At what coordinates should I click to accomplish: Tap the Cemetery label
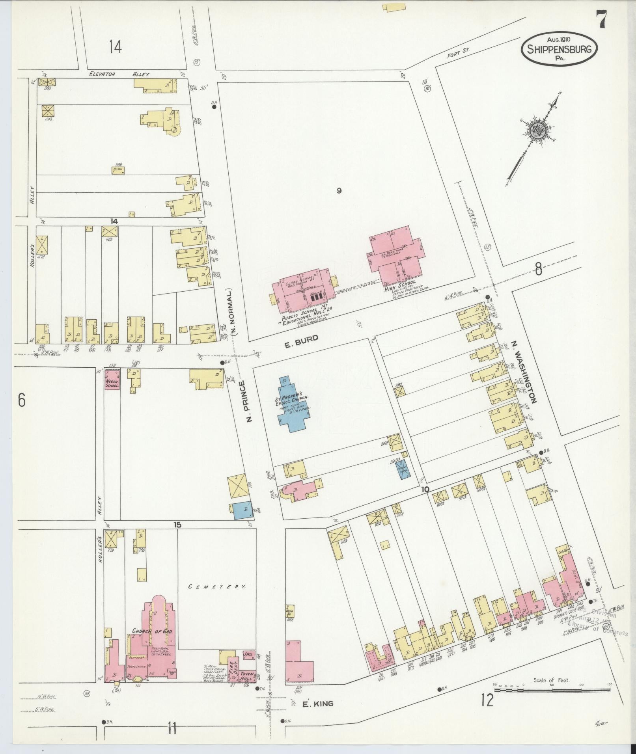point(217,586)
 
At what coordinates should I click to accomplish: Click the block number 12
point(487,700)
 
